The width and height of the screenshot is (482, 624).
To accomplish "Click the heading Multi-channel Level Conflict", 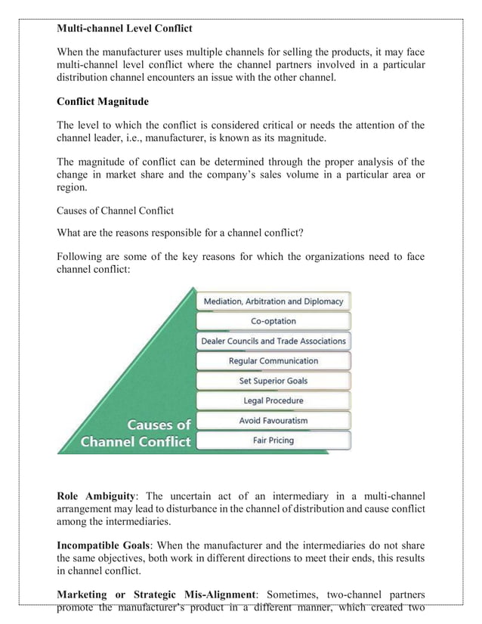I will pyautogui.click(x=125, y=29).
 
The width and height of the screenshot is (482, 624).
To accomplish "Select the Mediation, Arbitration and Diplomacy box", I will pyautogui.click(x=273, y=301).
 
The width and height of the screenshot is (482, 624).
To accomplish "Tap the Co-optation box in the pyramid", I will pyautogui.click(x=273, y=321).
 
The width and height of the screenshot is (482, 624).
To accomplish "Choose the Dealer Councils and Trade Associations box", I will pyautogui.click(x=273, y=341).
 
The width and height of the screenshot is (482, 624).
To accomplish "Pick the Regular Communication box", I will pyautogui.click(x=273, y=361).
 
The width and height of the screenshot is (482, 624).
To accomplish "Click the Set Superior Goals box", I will pyautogui.click(x=273, y=381).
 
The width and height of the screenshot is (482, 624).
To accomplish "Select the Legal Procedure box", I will pyautogui.click(x=273, y=400).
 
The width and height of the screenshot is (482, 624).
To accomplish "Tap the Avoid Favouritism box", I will pyautogui.click(x=273, y=420).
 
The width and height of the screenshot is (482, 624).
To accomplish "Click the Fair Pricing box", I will pyautogui.click(x=273, y=440).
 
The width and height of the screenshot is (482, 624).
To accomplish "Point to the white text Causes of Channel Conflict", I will pyautogui.click(x=136, y=433).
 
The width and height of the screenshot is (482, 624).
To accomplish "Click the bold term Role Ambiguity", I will pyautogui.click(x=96, y=496).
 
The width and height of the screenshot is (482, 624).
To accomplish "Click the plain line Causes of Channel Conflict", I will pyautogui.click(x=115, y=210).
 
